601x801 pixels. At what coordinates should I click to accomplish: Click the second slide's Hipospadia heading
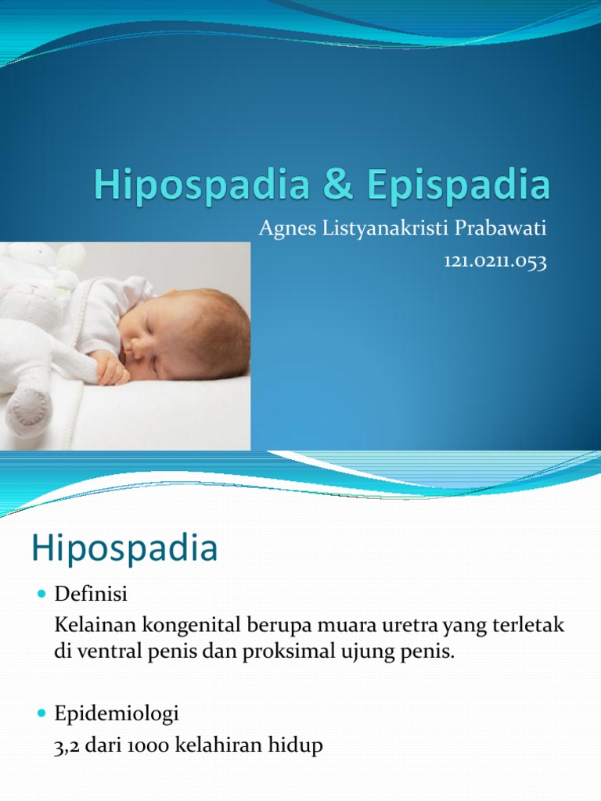coord(124,548)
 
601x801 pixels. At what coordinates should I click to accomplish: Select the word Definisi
coord(90,596)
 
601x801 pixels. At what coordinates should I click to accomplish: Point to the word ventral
coord(103,652)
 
